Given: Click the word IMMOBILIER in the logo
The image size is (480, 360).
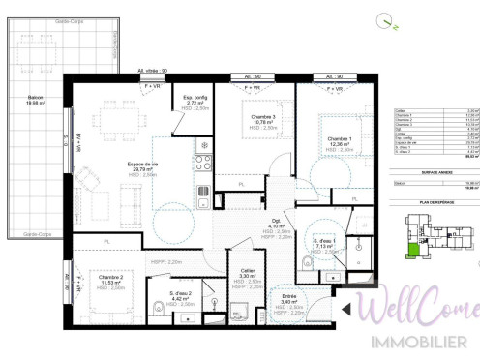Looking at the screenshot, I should click(424, 342).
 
